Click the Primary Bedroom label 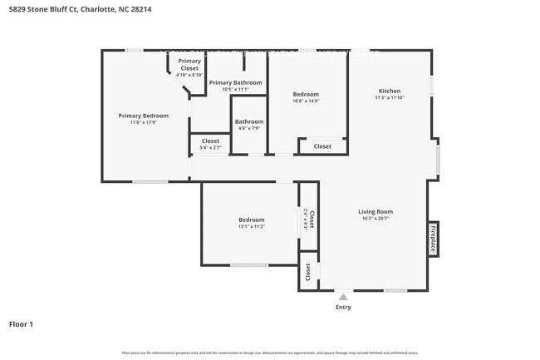point(143,116)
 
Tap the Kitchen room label point(389,91)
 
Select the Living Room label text point(376,211)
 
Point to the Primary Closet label point(189,65)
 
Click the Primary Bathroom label point(235,82)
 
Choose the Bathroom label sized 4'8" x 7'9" point(249,121)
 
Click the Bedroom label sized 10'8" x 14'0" point(306,94)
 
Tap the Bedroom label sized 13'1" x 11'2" point(251,219)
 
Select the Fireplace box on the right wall point(433,239)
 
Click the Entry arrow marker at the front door point(343,295)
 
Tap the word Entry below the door point(343,307)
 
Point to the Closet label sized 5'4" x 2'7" point(210,141)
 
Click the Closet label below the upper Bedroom point(322,146)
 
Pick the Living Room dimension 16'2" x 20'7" point(376,219)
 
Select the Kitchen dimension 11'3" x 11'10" point(389,98)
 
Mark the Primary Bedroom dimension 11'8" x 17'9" point(143,123)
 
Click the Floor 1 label point(21,323)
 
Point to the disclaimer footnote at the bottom point(269,353)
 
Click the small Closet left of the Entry point(308,271)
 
